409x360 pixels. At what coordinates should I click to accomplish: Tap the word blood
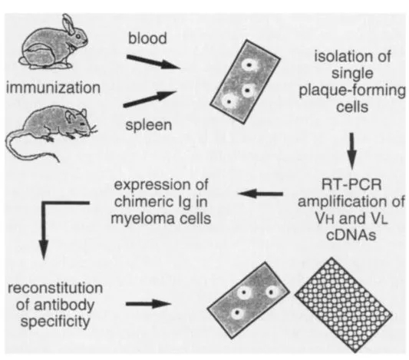point(147,38)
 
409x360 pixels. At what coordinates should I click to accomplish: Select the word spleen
point(149,125)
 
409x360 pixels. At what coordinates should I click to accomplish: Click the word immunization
point(53,88)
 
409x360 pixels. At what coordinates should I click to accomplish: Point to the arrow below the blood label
point(153,62)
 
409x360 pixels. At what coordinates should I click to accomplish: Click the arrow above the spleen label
point(150,99)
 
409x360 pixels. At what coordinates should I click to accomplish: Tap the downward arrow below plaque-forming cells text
point(352,150)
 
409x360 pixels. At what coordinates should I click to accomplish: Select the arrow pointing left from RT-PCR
point(260,194)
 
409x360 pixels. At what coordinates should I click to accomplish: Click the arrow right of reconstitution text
point(148,304)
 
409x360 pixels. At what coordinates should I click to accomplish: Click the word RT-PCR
point(351,185)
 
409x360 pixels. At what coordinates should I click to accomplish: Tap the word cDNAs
point(351,236)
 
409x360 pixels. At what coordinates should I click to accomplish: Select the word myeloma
point(139,219)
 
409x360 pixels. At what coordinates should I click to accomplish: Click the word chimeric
point(142,201)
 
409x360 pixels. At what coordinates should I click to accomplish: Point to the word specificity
point(55,321)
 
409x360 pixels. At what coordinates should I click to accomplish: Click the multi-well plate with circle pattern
point(344,306)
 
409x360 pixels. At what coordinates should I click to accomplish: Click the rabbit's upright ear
point(68,24)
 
